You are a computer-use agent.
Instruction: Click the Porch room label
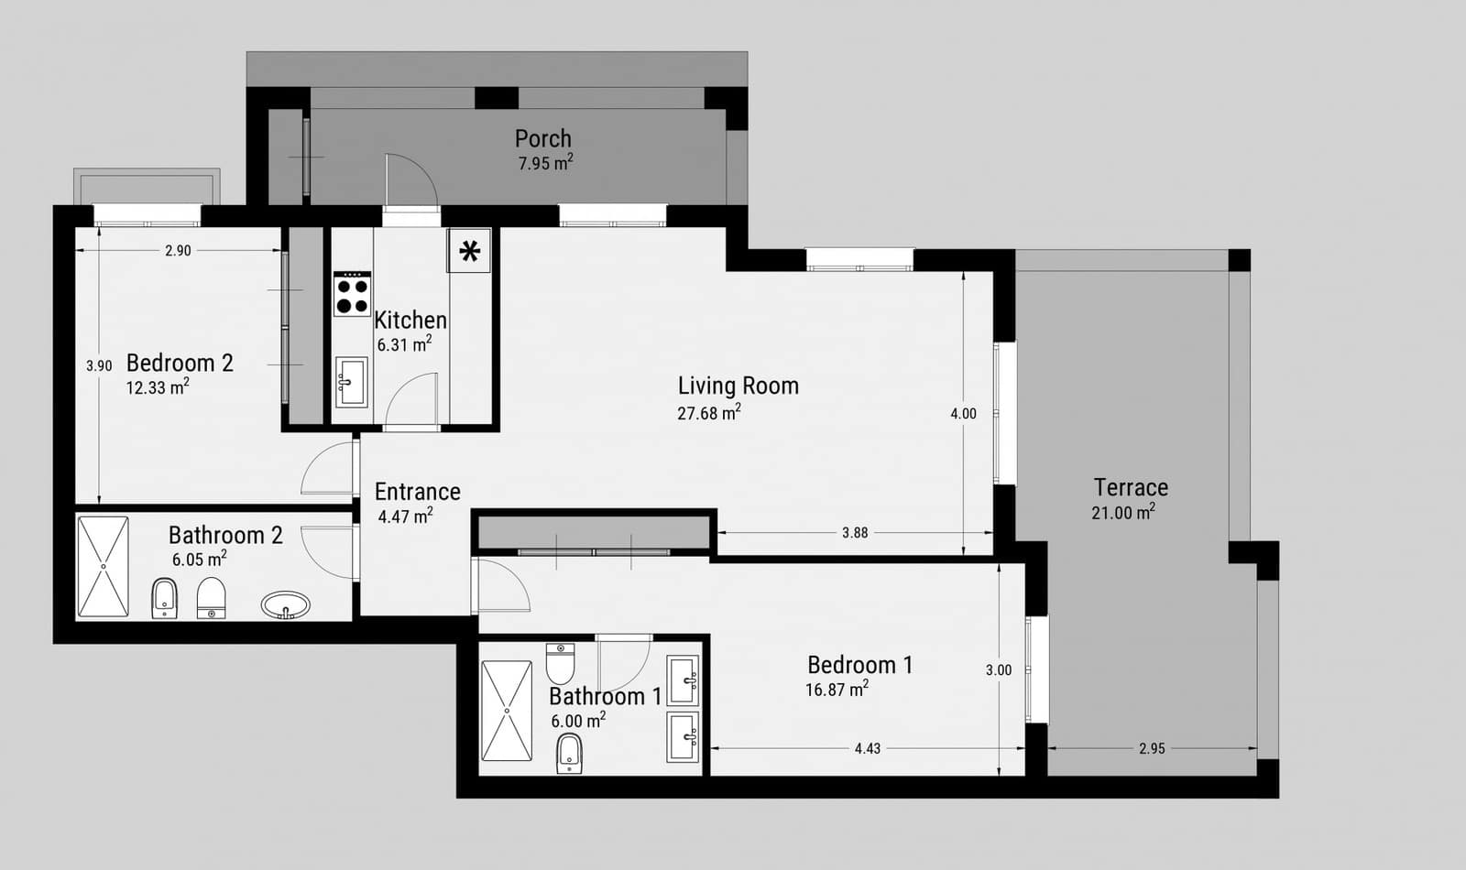542,138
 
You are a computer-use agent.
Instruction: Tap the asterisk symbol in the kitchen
469,251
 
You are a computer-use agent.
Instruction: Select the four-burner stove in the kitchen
352,294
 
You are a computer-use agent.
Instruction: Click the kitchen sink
351,381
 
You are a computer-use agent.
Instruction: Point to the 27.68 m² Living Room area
708,413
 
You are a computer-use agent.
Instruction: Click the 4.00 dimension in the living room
963,414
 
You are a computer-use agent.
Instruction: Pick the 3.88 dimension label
854,533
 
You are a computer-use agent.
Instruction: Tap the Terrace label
1131,487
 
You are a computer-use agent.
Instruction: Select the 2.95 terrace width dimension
1152,749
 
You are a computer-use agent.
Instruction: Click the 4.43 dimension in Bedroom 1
867,749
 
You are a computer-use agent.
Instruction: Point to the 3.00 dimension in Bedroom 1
998,670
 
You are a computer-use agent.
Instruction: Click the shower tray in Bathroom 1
506,711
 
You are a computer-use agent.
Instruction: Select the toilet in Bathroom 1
560,662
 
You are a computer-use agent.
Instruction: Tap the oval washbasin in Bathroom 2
285,604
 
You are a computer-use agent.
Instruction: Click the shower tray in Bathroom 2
103,567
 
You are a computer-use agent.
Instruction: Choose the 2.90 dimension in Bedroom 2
178,251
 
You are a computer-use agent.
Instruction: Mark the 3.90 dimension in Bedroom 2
99,366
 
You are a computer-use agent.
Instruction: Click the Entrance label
417,492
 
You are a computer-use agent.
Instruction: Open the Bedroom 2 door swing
325,470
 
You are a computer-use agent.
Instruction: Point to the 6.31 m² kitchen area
404,345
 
